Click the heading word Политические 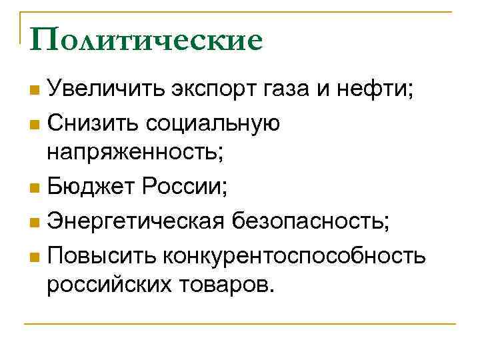click(x=146, y=40)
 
